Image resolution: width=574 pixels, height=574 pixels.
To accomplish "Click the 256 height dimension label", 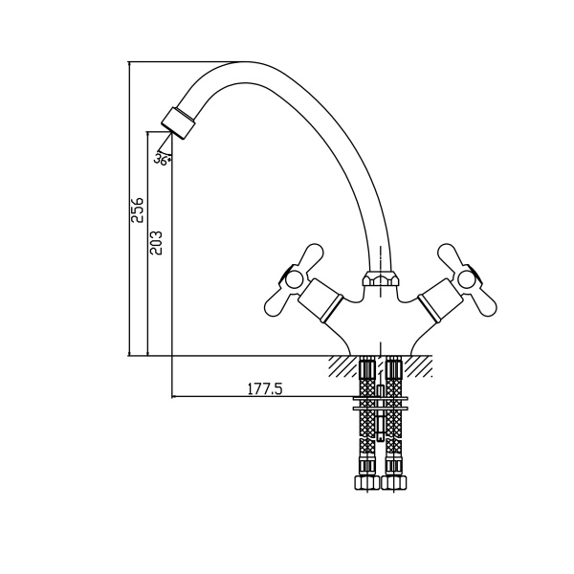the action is click(x=138, y=210).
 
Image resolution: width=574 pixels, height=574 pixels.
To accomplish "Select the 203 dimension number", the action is click(x=156, y=242).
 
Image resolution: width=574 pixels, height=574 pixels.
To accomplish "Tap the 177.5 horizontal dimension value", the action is click(x=265, y=388).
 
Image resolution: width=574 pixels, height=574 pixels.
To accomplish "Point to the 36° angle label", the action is click(x=162, y=160).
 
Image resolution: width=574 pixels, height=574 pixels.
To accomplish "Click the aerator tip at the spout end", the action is click(x=178, y=123).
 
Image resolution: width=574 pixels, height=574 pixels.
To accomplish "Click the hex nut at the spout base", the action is click(x=381, y=278).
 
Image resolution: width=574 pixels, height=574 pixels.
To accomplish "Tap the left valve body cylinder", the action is click(x=320, y=300).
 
